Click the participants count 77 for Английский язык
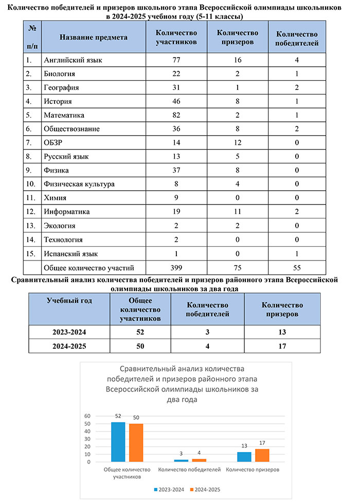pos(176,60)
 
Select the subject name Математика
pos(64,115)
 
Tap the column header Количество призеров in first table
pos(237,38)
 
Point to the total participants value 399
pos(176,267)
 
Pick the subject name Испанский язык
pos(71,253)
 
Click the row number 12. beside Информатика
pos(30,212)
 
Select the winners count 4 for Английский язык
pos(297,60)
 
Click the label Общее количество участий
pos(89,267)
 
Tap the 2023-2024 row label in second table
pos(69,331)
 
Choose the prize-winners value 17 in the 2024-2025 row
pos(282,346)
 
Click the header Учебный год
pos(69,301)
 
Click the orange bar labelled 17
pos(262,455)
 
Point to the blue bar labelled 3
pos(177,460)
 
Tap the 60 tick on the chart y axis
pos(87,416)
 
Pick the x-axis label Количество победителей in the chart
pos(189,470)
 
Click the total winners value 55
pos(297,267)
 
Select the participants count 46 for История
pos(176,101)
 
